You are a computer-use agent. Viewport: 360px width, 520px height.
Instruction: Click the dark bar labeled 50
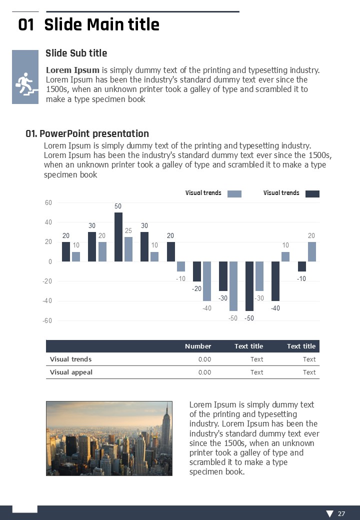click(x=118, y=237)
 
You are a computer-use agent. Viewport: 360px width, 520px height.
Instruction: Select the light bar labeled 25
click(x=128, y=249)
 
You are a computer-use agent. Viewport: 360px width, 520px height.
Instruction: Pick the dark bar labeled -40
click(x=275, y=281)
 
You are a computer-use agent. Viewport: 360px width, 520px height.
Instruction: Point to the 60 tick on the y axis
click(x=48, y=202)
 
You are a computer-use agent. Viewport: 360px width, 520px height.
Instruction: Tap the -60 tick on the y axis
click(x=47, y=321)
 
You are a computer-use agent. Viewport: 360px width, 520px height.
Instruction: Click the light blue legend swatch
click(x=234, y=194)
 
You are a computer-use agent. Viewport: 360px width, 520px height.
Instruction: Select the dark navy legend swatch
click(x=312, y=194)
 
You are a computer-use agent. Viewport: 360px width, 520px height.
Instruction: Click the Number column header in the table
click(x=198, y=346)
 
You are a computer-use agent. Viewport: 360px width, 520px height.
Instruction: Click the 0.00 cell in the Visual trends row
click(x=204, y=359)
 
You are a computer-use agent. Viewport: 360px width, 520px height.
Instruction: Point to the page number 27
click(x=341, y=513)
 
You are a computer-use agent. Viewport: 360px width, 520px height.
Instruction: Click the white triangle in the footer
click(x=329, y=513)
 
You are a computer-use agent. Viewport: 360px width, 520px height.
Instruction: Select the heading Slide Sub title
click(x=76, y=53)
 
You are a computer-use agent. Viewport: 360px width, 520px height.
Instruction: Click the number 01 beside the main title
click(x=26, y=25)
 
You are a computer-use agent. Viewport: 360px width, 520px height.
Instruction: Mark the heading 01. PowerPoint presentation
click(x=87, y=133)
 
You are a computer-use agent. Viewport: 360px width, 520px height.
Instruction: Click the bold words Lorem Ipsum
click(x=72, y=70)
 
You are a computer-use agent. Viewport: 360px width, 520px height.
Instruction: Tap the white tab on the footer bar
click(x=24, y=508)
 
